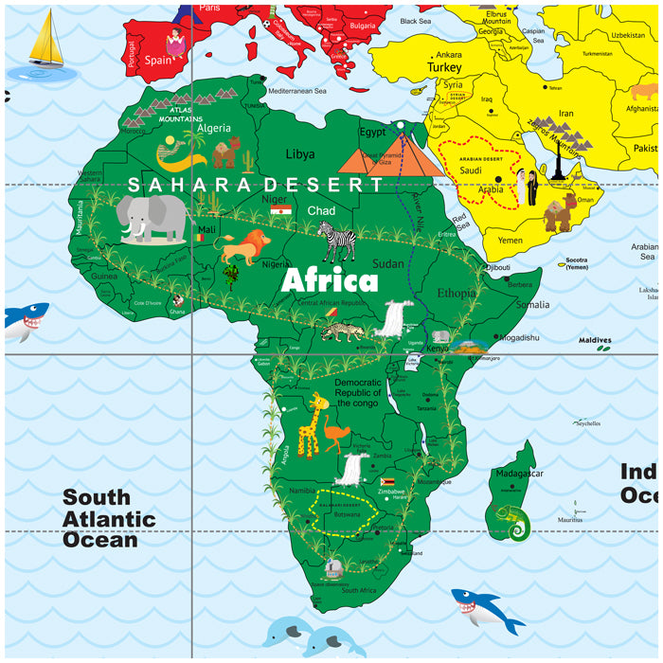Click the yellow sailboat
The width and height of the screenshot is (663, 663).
click(45, 43)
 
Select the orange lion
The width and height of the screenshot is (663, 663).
click(242, 247)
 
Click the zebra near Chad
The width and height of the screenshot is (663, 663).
click(337, 241)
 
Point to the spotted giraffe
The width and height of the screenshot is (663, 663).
click(312, 427)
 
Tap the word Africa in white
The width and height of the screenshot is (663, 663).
click(330, 281)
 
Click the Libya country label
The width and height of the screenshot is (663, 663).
click(300, 153)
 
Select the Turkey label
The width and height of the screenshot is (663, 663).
click(443, 68)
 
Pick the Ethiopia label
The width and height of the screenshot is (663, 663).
click(456, 293)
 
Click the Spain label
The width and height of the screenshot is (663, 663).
click(158, 59)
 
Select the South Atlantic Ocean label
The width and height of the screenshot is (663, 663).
click(109, 518)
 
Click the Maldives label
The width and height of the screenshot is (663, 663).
click(596, 340)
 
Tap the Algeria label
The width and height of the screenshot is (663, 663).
click(213, 128)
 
